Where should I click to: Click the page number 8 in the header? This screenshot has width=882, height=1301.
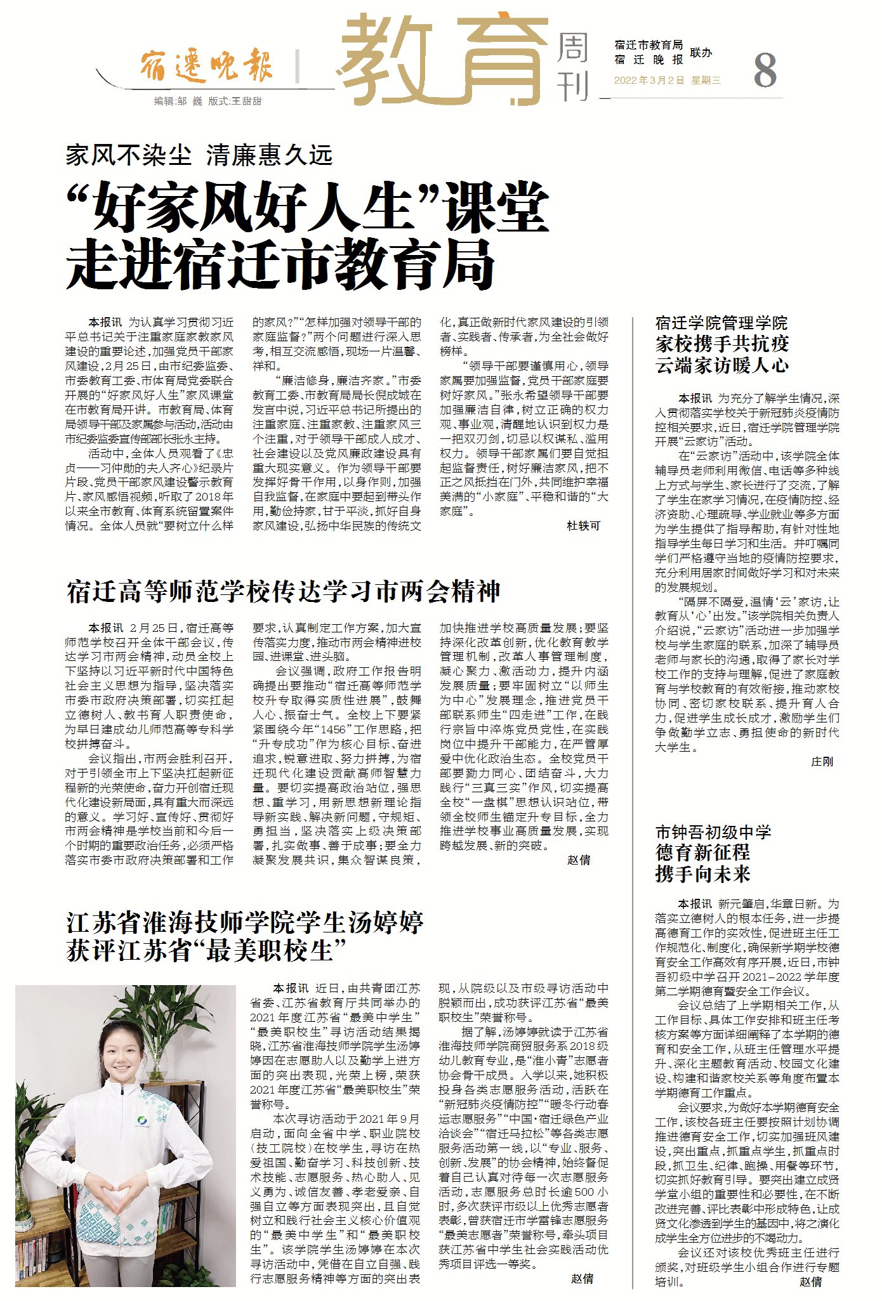click(x=765, y=70)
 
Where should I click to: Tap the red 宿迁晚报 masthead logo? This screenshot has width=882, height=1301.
click(x=206, y=65)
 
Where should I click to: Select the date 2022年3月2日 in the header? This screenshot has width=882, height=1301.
click(x=649, y=81)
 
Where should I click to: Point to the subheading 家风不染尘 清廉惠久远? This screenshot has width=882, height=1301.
click(x=199, y=155)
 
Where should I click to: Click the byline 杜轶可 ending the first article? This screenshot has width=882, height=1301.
click(x=583, y=525)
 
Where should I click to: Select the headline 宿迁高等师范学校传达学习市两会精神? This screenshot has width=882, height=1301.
click(x=284, y=591)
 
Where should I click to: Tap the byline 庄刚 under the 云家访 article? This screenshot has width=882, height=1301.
click(x=822, y=761)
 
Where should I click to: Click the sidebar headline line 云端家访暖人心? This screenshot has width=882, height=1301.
click(x=721, y=365)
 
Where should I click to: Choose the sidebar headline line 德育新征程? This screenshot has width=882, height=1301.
click(x=702, y=852)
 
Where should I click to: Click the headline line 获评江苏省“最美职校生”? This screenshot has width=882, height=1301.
click(x=206, y=950)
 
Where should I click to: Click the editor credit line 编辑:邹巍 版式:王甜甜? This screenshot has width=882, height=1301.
click(x=207, y=101)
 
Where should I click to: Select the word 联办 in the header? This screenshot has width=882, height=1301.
click(x=701, y=53)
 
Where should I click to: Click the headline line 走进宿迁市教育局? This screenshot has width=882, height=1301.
click(x=280, y=264)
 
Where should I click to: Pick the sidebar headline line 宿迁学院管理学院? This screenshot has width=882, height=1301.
click(x=721, y=323)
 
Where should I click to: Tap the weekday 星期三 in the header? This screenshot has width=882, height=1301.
click(x=706, y=81)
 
